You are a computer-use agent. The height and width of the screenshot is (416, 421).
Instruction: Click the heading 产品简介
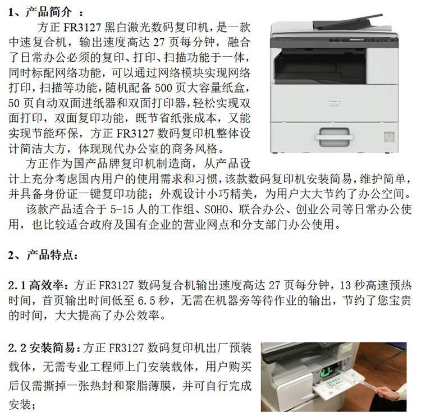pyautogui.click(x=49, y=12)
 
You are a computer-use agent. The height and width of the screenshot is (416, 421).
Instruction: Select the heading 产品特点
pyautogui.click(x=49, y=255)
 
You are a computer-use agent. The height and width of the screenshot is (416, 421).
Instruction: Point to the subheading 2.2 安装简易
pyautogui.click(x=41, y=348)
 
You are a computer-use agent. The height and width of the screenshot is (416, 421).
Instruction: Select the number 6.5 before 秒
pyautogui.click(x=147, y=300)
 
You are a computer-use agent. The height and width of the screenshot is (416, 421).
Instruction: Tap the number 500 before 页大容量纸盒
pyautogui.click(x=164, y=88)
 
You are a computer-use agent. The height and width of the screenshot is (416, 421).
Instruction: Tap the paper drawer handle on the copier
pyautogui.click(x=334, y=137)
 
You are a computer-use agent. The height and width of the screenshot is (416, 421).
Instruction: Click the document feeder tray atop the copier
pyautogui.click(x=348, y=21)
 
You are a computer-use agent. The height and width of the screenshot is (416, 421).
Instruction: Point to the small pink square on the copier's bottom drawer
pyautogui.click(x=389, y=136)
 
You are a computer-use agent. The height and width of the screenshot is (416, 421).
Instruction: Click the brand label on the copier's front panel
pyautogui.click(x=335, y=102)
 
